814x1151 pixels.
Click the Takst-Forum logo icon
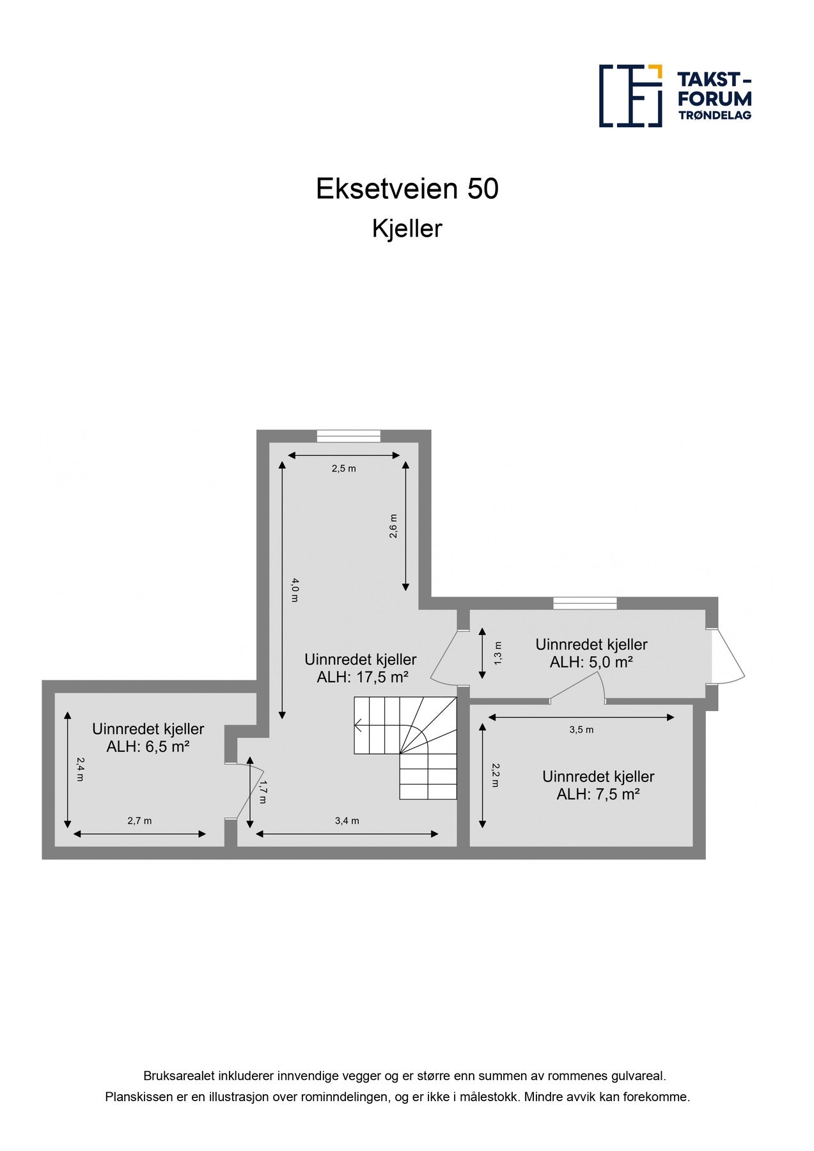[x=630, y=96]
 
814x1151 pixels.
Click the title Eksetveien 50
[x=407, y=189]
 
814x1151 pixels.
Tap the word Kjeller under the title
[x=407, y=228]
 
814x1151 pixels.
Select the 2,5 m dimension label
[x=343, y=468]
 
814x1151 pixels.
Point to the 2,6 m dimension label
[x=393, y=526]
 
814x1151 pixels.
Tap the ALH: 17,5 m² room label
[x=363, y=677]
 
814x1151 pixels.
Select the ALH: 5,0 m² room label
[x=591, y=662]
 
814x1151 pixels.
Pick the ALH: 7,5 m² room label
[x=598, y=794]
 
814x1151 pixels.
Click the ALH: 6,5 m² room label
[x=148, y=746]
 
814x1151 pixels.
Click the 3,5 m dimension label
[x=581, y=729]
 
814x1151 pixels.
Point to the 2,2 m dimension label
[x=495, y=774]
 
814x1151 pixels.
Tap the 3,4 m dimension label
[x=347, y=820]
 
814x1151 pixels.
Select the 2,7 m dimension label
[x=139, y=820]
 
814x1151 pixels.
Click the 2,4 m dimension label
[x=80, y=769]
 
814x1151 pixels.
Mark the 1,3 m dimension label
[x=497, y=653]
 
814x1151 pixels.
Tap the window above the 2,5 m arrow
[x=348, y=436]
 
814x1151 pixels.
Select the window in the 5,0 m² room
[x=584, y=602]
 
